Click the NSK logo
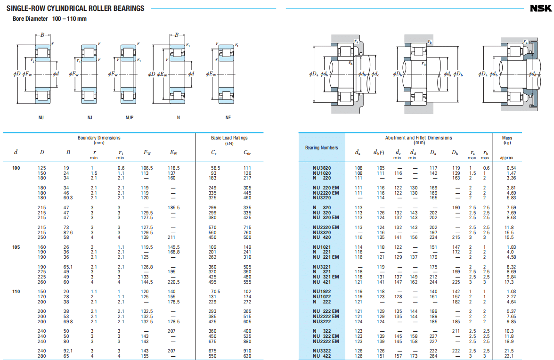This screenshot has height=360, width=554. coord(541,8)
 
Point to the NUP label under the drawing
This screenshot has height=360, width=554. coord(129,118)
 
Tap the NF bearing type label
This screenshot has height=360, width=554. coord(228,118)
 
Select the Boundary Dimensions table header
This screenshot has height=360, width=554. coord(99,138)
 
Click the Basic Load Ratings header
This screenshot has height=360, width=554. coord(229,138)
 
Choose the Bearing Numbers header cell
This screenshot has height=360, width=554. coord(321,147)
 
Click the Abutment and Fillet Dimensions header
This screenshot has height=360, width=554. coord(418,138)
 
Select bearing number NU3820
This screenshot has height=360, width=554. coord(321,168)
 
